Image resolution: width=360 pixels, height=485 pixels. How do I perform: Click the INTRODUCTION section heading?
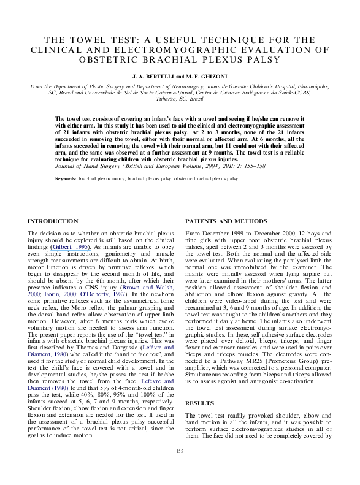tap(53, 221)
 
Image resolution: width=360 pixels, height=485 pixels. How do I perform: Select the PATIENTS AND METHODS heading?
tap(226, 221)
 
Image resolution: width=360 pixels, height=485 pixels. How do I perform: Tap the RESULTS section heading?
tap(199, 403)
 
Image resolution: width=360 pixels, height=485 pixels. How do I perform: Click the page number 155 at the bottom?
tap(180, 451)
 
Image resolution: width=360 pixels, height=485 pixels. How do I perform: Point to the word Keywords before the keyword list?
tap(66, 179)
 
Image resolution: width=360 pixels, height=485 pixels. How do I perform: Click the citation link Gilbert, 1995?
tap(71, 247)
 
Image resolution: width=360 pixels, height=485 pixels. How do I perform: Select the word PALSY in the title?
tap(264, 59)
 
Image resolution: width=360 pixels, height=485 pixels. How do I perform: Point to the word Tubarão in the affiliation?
tap(166, 99)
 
